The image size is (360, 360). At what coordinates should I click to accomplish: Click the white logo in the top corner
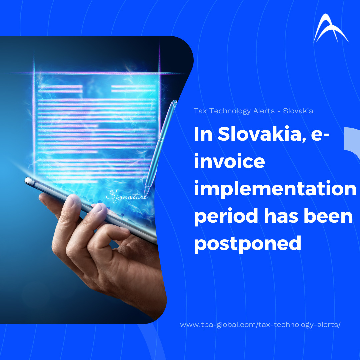(x=331, y=29)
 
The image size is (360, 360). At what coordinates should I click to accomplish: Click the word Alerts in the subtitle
(x=264, y=111)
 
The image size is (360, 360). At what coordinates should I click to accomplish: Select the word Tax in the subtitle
(x=200, y=111)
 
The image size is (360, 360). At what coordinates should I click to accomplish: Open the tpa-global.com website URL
(x=260, y=325)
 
